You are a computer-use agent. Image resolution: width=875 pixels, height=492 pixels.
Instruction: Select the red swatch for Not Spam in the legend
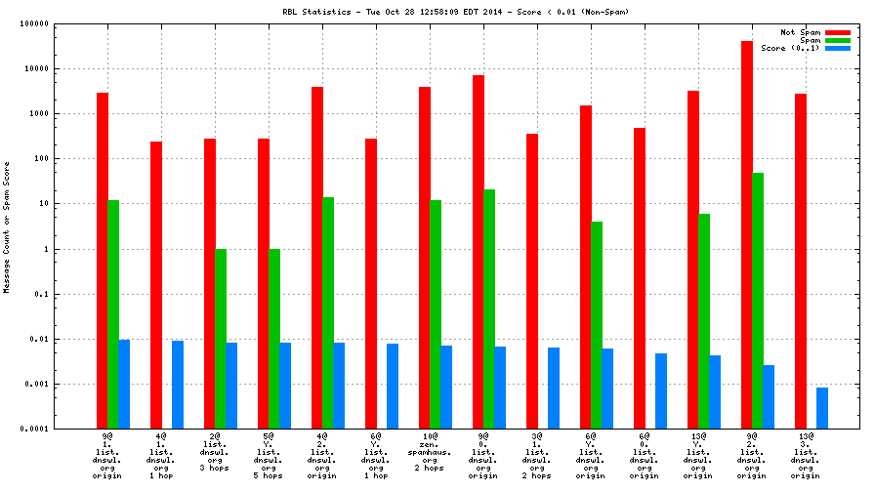838,32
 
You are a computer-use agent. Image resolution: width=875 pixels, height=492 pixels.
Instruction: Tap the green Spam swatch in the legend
838,40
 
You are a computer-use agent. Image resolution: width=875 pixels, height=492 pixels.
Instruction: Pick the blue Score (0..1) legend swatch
838,48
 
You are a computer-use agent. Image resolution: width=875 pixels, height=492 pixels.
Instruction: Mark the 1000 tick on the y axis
39,113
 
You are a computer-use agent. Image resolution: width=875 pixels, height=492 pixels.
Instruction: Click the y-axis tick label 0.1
41,294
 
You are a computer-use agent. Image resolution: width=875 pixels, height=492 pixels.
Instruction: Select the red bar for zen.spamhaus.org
425,258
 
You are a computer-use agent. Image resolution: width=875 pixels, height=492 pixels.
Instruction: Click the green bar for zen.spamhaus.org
436,314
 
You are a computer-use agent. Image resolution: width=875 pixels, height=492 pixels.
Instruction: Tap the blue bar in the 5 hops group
285,386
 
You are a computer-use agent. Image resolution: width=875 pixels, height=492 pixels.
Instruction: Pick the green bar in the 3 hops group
221,339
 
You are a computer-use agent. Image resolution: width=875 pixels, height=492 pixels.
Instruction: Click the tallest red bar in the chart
747,234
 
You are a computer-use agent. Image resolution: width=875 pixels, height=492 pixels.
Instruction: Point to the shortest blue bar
822,408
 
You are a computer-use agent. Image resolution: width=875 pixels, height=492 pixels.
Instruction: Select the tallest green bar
758,301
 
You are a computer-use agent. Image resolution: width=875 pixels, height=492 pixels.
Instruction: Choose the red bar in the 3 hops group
210,283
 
